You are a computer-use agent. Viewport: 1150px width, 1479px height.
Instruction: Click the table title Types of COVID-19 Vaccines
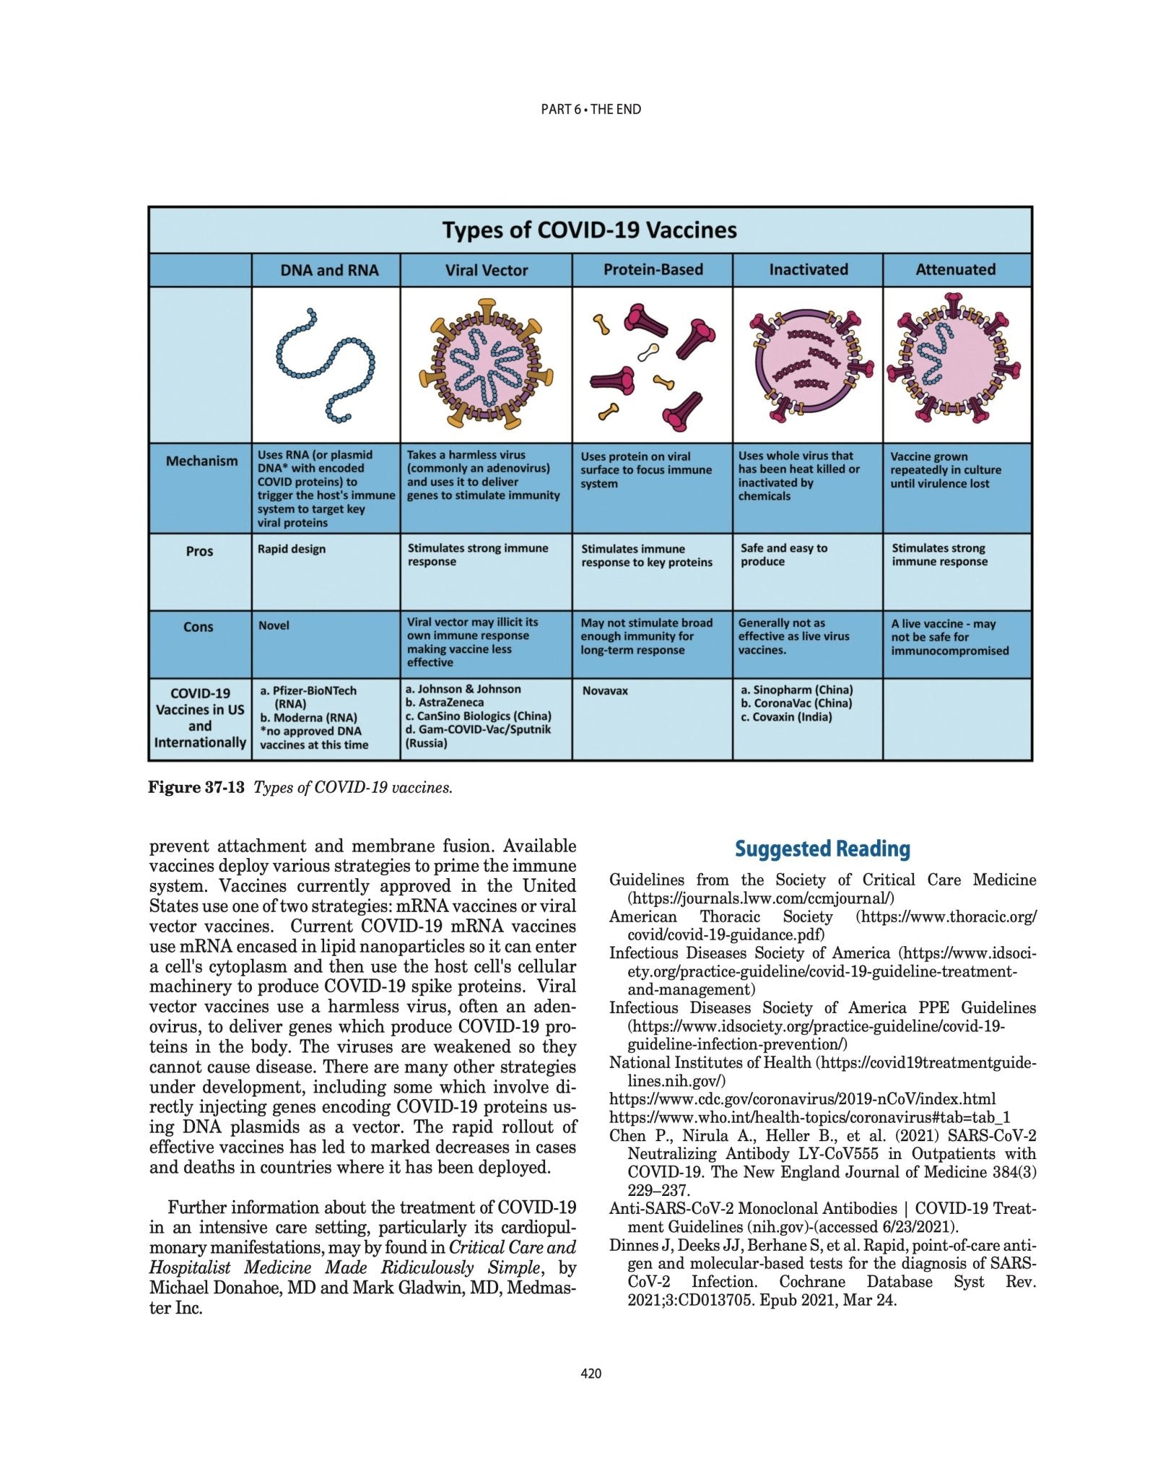coord(589,230)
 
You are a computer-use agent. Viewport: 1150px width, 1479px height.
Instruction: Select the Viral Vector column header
coord(486,270)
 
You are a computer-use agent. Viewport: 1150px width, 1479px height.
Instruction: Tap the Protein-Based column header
coord(653,269)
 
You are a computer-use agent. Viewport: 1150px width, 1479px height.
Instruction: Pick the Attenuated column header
coord(955,269)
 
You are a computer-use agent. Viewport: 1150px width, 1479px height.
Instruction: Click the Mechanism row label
coord(201,461)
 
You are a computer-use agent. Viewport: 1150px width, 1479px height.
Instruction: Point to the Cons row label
coord(198,626)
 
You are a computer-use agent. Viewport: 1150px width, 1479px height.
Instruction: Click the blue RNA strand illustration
coord(325,365)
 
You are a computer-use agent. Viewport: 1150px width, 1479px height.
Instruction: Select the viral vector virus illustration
coord(486,365)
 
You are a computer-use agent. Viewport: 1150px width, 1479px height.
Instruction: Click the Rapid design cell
coord(292,549)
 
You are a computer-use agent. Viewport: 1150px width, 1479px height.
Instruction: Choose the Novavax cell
coord(605,690)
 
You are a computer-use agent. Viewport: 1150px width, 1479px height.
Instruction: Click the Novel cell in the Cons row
coord(274,625)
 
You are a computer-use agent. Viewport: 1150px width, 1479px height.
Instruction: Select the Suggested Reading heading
coord(822,849)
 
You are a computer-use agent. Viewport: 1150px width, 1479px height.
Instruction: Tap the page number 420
coord(591,1374)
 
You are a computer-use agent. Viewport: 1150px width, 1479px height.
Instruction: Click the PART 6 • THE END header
coord(591,110)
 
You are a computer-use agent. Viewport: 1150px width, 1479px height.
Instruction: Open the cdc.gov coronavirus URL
coord(802,1099)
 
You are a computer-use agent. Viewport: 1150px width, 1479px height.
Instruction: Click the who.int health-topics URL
coord(809,1117)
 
